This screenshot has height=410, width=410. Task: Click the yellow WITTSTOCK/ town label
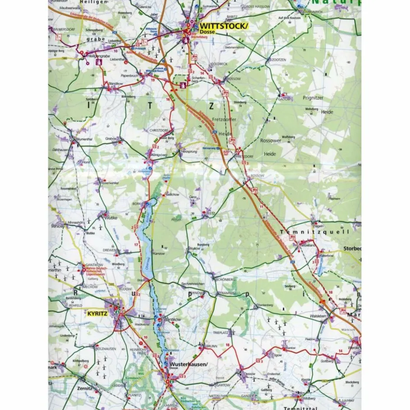tap(224, 26)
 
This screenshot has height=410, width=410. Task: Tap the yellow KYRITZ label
tap(97, 313)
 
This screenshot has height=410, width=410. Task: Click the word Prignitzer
tap(313, 98)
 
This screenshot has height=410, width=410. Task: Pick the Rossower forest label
tap(271, 141)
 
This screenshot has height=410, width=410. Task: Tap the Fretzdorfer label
tap(224, 119)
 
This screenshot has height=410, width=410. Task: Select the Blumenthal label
tap(84, 139)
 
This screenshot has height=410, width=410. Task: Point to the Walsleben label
tap(318, 317)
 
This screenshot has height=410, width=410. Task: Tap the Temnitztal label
tap(298, 408)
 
